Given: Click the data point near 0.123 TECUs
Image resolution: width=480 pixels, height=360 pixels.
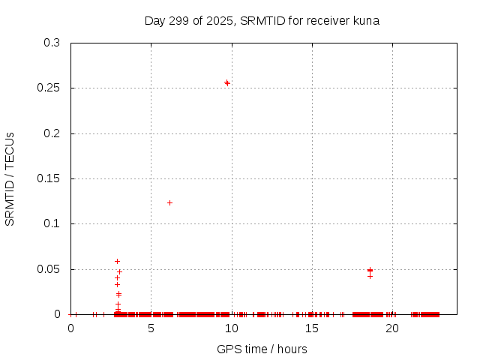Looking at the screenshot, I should click(169, 202).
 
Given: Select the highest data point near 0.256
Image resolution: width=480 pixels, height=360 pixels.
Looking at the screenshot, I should click(226, 82).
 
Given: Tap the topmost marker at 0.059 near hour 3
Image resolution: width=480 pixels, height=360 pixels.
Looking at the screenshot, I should click(117, 261).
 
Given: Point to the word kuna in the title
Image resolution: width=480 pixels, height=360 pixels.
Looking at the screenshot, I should click(364, 21).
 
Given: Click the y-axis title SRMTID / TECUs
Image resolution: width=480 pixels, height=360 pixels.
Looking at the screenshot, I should click(10, 178).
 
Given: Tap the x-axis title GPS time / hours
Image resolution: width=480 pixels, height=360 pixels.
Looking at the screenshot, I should click(262, 349).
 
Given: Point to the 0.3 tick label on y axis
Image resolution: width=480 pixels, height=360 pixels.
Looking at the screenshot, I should click(52, 43).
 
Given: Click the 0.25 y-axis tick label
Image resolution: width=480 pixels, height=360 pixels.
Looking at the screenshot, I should click(49, 88).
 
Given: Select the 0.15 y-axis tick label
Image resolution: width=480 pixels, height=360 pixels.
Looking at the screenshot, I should click(49, 178).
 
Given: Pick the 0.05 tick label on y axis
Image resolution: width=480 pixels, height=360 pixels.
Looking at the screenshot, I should click(49, 269).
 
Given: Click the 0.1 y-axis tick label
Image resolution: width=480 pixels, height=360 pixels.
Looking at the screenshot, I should click(52, 224).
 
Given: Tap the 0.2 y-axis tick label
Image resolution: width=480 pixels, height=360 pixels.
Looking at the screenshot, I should click(52, 133).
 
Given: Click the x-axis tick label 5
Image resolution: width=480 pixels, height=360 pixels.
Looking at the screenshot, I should click(151, 328).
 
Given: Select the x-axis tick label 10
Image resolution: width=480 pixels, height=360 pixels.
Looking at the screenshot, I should click(231, 328).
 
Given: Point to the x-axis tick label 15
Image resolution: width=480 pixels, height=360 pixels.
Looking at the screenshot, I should click(311, 328).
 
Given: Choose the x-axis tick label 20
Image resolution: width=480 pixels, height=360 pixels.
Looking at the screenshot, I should click(391, 328).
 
